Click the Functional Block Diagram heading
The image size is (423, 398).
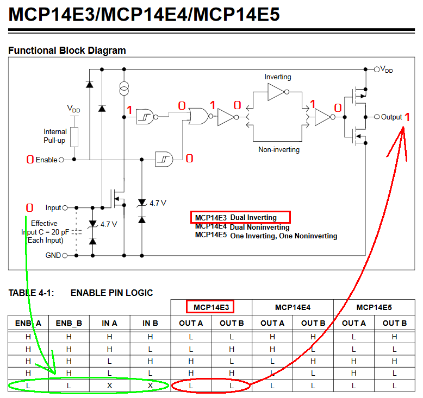[67, 50]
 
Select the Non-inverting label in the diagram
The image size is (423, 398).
[278, 149]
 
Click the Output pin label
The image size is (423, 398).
[391, 117]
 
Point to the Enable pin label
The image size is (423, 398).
[46, 160]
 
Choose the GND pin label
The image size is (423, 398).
[53, 255]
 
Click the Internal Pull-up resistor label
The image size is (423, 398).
[55, 136]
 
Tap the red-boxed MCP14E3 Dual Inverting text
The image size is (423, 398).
[241, 218]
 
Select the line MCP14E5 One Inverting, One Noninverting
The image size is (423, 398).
[266, 236]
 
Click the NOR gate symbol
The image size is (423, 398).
[196, 115]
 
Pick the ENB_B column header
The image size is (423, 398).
[69, 323]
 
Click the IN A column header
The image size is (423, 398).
[109, 323]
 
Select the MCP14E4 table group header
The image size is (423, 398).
[293, 307]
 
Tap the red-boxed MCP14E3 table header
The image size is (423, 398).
[210, 307]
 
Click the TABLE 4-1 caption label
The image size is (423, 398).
[31, 293]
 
